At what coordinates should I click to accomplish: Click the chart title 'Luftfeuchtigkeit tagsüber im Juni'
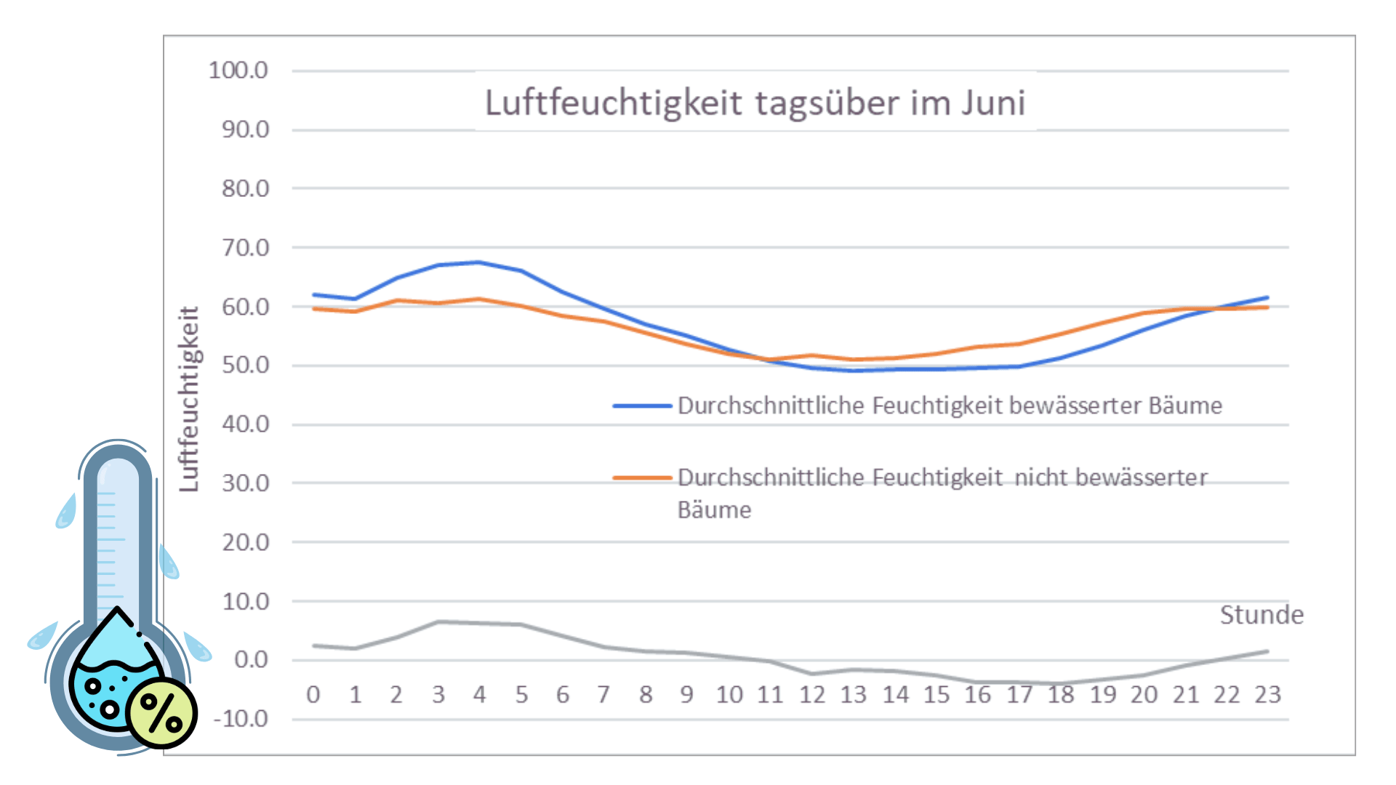point(755,102)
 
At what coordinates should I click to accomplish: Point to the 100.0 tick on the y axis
point(238,71)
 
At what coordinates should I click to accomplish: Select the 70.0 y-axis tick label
point(245,248)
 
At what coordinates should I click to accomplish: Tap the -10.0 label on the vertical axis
point(241,719)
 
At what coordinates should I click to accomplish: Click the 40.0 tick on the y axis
point(245,424)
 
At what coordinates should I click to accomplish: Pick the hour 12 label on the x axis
point(812,695)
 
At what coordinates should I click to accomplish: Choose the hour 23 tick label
point(1267,695)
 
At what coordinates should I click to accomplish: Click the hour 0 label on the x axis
point(313,695)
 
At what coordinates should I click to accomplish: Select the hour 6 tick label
point(563,695)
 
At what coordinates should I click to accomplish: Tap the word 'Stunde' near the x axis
point(1261,615)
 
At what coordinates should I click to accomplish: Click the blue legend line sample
point(641,406)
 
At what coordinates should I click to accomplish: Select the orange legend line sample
point(641,478)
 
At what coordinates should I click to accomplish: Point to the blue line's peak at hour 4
point(478,262)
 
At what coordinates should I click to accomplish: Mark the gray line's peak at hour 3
point(438,621)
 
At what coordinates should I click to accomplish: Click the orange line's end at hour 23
point(1267,307)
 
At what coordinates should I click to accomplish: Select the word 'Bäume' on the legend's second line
point(714,510)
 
